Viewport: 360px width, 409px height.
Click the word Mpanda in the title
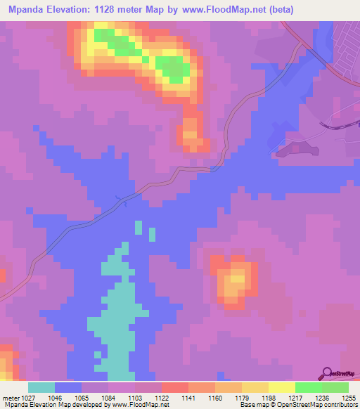point(27,10)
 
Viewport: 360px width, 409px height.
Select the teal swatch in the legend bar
point(41,387)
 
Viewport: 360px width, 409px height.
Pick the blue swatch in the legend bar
point(68,387)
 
